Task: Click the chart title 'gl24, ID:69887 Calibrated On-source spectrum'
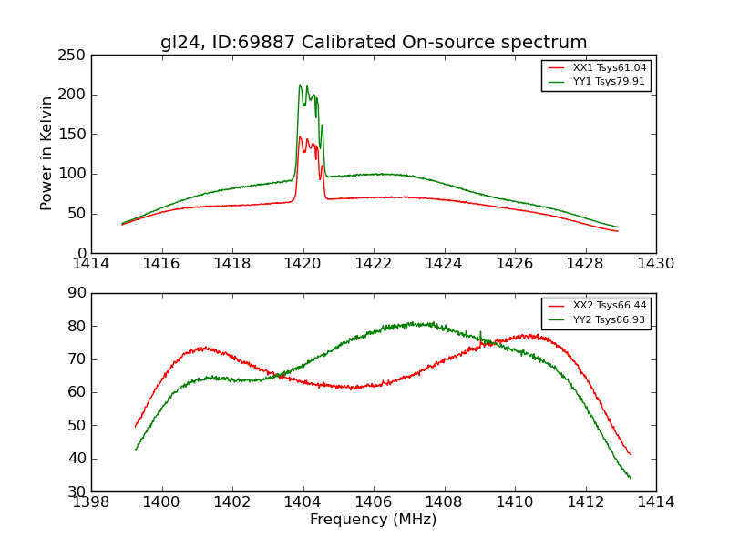(x=374, y=43)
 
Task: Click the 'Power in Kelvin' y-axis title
(x=47, y=154)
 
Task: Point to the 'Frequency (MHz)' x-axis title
(x=374, y=520)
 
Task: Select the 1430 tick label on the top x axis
(x=656, y=264)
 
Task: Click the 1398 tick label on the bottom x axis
(x=91, y=501)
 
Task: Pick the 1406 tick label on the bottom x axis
(x=374, y=501)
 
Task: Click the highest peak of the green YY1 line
(x=300, y=85)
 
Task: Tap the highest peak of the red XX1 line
(x=300, y=137)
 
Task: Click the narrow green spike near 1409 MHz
(x=480, y=332)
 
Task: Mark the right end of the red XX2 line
(x=630, y=454)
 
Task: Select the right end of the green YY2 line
(x=630, y=478)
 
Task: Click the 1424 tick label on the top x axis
(x=444, y=264)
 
